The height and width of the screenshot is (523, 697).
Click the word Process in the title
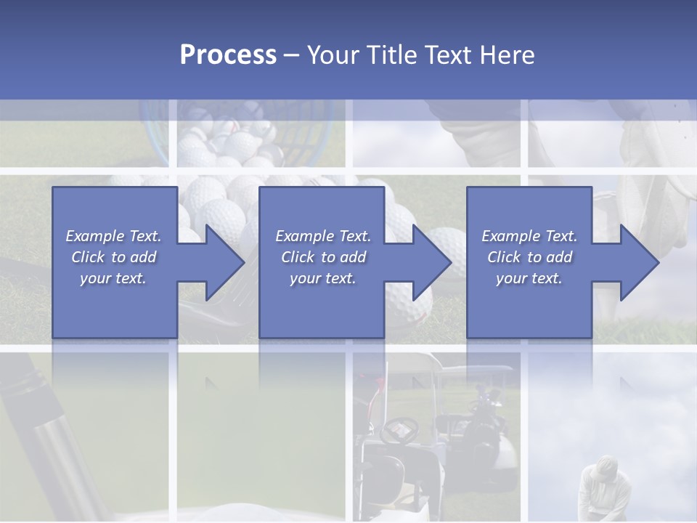click(228, 55)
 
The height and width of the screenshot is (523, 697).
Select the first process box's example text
click(114, 257)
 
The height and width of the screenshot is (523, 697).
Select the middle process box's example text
click(322, 257)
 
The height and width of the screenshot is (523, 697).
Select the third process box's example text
click(529, 257)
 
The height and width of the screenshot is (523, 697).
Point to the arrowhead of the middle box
click(436, 262)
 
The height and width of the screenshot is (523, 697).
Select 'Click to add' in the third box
click(529, 257)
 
